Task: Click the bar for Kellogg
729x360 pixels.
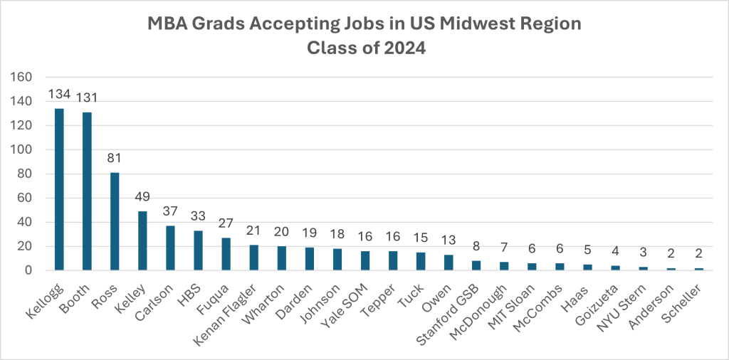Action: (59, 189)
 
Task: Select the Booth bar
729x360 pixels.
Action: (87, 191)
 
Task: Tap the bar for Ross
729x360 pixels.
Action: (115, 221)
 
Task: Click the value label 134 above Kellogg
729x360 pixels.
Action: (59, 95)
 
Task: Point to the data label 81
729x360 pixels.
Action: (115, 159)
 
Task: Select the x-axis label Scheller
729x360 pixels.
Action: (687, 296)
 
